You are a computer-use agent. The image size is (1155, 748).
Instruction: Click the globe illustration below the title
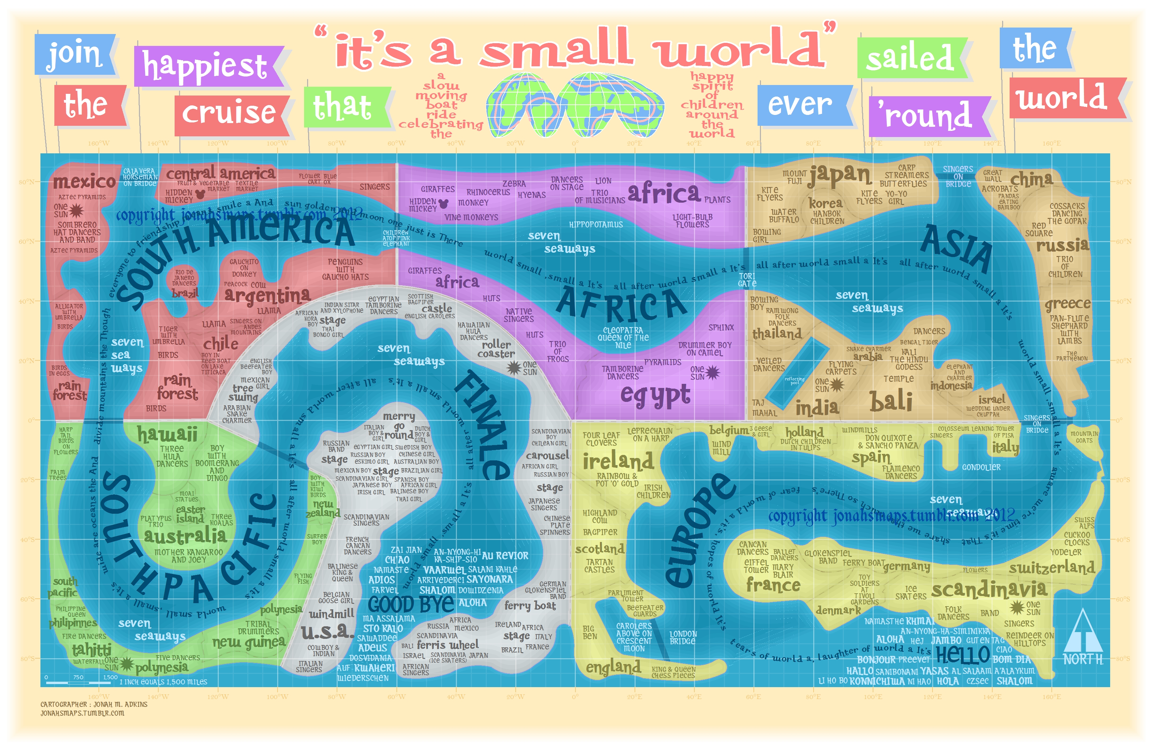coord(575,105)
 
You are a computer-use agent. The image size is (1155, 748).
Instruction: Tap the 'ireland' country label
coord(618,460)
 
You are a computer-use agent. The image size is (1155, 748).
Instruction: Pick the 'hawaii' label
coord(167,434)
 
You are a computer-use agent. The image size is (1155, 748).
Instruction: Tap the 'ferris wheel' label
coord(447,645)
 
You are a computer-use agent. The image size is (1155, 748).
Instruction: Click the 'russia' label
coord(1063,245)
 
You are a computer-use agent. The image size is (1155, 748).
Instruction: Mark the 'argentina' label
coord(267,295)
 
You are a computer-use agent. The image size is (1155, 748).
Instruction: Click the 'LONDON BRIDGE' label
coord(683,637)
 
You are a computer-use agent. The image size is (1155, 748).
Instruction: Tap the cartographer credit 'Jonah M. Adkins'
coord(94,704)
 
